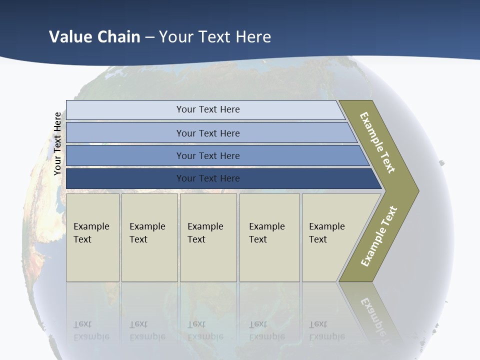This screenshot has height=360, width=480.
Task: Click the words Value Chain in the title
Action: [x=94, y=37]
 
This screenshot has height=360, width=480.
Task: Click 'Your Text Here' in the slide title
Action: [x=215, y=37]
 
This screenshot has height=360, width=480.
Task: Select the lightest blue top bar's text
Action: [x=208, y=109]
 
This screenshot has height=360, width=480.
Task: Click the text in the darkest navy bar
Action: [x=208, y=178]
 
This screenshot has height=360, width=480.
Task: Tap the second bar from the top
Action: [x=208, y=133]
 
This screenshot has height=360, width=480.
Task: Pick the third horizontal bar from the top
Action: [x=208, y=156]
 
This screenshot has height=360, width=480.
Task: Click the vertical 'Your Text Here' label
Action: [x=57, y=143]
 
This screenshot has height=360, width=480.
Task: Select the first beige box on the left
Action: [x=92, y=237]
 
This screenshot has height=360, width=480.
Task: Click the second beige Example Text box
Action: [x=149, y=237]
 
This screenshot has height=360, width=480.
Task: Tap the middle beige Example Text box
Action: [x=207, y=237]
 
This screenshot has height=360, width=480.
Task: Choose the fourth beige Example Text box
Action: [x=269, y=237]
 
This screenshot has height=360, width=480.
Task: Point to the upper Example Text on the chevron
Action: [x=377, y=142]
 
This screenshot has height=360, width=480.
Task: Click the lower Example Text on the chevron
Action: [x=379, y=236]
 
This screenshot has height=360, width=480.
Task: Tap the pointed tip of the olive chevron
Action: [x=416, y=191]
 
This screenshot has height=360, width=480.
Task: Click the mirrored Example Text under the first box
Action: [x=91, y=330]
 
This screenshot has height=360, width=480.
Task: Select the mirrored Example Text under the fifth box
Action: [x=326, y=330]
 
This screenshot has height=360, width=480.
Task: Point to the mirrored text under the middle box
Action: [x=205, y=330]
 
